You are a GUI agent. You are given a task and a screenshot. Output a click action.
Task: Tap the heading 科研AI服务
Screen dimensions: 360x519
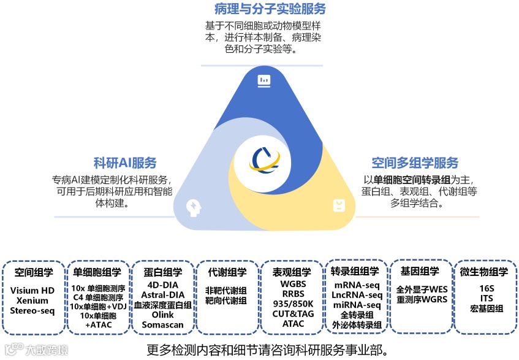125,163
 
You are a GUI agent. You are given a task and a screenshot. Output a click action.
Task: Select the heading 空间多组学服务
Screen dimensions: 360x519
415,163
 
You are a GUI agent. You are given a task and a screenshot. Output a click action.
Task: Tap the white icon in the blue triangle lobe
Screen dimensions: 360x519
264,80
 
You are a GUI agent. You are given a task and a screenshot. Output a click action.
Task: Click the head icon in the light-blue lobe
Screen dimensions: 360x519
194,206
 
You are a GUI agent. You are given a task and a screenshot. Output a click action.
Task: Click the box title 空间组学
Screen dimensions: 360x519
34,272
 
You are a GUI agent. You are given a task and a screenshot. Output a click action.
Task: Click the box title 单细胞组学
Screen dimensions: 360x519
97,272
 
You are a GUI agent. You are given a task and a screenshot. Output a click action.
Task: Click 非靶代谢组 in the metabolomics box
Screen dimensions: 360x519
227,291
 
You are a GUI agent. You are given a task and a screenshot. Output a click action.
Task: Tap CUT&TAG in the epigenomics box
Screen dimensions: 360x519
293,314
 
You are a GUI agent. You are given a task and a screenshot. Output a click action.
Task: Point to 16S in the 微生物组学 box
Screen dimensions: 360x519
487,288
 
